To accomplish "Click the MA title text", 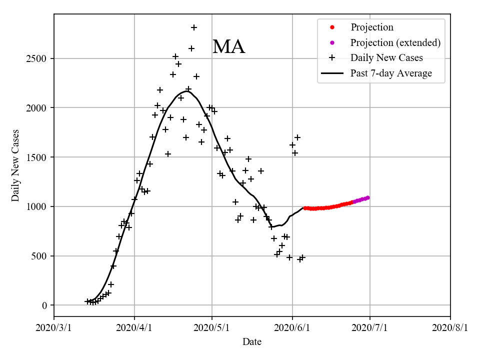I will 228,47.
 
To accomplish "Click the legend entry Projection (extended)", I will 395,42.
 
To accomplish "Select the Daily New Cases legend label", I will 386,57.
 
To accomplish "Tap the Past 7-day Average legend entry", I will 391,73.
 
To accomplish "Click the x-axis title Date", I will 252,342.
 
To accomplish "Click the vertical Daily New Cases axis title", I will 15,165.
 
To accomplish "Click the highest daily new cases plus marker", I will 194,27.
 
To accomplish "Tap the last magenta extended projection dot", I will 367,197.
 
